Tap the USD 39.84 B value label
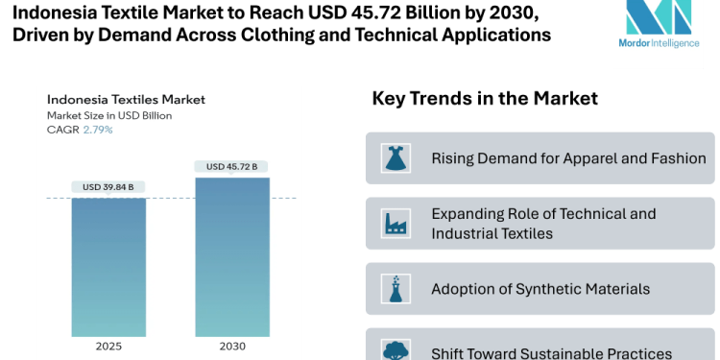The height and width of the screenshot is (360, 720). (x=108, y=186)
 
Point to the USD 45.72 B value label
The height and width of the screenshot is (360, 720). (x=232, y=166)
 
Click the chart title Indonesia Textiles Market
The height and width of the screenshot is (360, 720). (x=126, y=99)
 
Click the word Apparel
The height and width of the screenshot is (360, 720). (x=575, y=158)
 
